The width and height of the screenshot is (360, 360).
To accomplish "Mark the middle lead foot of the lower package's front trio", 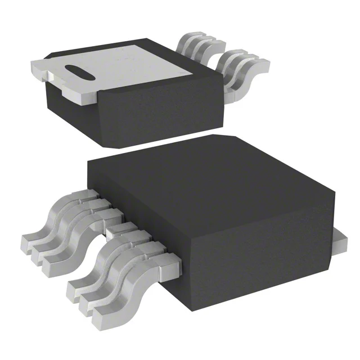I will (87, 298).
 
